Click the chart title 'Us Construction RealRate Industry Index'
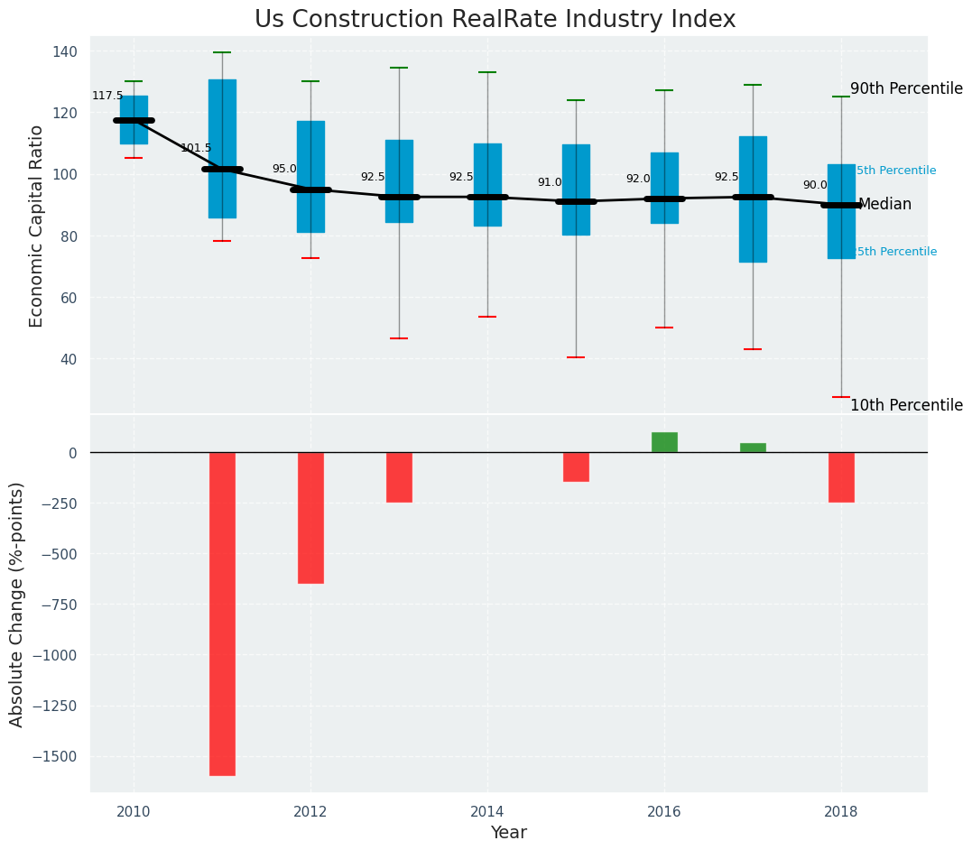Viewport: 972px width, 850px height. (495, 20)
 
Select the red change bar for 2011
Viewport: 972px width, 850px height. (222, 614)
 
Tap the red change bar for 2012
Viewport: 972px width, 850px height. (310, 518)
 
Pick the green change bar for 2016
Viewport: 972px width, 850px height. (664, 442)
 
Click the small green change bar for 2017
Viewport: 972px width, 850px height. (753, 448)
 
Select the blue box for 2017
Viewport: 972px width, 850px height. (753, 199)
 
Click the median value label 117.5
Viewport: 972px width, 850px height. (107, 96)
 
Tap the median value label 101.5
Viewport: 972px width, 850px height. (196, 148)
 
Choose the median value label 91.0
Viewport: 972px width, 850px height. (550, 182)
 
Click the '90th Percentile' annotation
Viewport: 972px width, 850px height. (906, 88)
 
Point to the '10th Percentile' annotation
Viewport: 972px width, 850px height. (906, 405)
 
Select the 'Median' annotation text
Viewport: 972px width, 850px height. (884, 204)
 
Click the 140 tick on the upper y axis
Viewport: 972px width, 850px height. (65, 51)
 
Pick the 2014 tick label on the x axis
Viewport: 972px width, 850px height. (487, 810)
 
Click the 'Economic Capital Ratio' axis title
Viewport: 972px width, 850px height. (37, 226)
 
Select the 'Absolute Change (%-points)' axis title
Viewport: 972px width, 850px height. (17, 604)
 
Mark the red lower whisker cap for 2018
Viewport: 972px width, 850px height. (841, 397)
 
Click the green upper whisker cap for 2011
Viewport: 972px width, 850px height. (222, 52)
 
